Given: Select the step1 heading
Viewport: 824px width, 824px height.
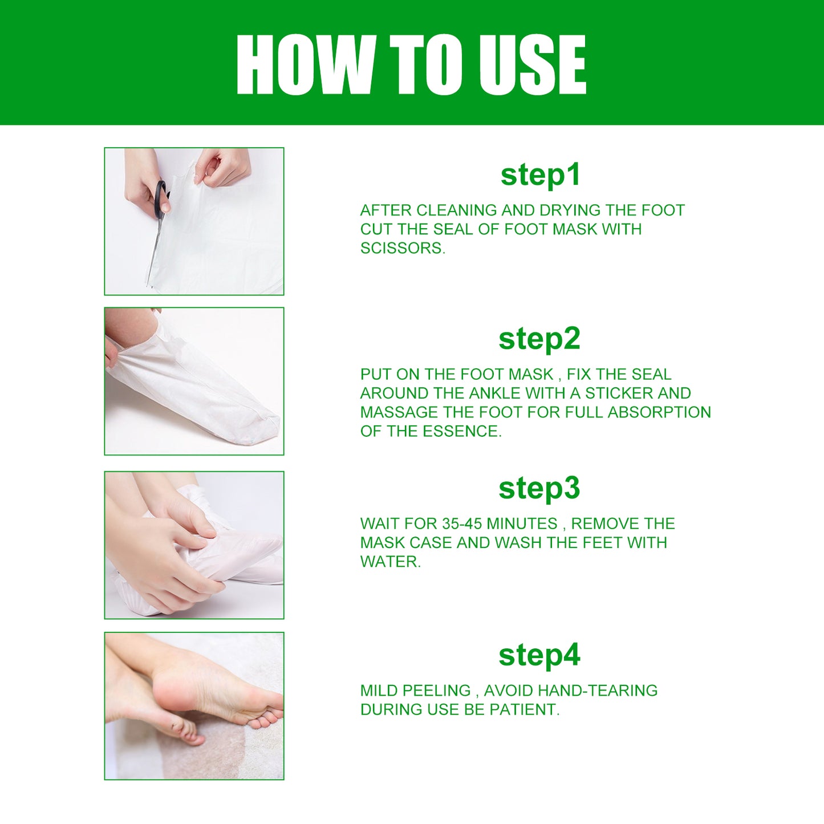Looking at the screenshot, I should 540,174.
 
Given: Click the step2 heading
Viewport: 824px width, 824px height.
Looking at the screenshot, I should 539,339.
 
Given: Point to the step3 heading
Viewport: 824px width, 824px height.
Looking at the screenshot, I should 539,488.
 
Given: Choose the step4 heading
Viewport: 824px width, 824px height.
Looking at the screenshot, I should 539,655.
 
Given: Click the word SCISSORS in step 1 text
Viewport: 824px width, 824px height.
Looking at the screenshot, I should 401,248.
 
